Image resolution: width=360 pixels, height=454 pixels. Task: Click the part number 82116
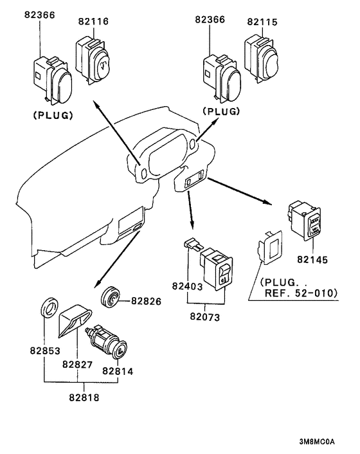(x=93, y=21)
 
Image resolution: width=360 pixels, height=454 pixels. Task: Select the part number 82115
(x=262, y=22)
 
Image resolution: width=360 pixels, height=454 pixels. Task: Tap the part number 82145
(x=312, y=260)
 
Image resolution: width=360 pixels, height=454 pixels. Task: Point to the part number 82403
(x=187, y=286)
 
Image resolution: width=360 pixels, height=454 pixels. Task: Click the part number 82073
(x=205, y=317)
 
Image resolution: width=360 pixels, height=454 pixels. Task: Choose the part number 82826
(x=146, y=301)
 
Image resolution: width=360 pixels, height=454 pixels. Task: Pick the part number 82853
(x=45, y=350)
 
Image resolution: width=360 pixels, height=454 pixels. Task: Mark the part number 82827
(x=78, y=364)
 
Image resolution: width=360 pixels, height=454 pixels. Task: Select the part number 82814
(x=118, y=371)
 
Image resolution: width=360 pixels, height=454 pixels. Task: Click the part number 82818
(x=84, y=397)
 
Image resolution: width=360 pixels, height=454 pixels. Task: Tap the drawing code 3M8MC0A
(x=317, y=442)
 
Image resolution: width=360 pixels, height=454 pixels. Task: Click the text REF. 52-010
(x=301, y=293)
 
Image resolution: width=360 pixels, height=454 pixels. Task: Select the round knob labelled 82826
(x=110, y=297)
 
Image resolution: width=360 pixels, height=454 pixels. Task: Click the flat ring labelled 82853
(x=49, y=308)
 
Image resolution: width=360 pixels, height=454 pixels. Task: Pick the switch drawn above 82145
(x=305, y=221)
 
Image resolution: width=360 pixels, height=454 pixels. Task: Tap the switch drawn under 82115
(x=261, y=59)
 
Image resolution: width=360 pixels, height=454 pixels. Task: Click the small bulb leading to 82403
(x=192, y=244)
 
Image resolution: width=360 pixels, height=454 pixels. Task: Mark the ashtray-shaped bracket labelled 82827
(x=75, y=320)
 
